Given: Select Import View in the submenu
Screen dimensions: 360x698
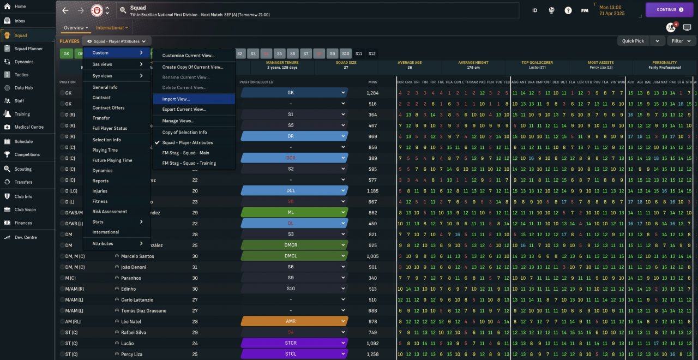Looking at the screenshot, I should pyautogui.click(x=176, y=99).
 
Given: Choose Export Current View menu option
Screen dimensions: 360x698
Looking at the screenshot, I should pyautogui.click(x=184, y=110).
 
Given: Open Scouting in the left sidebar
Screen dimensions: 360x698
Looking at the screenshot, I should pyautogui.click(x=23, y=169).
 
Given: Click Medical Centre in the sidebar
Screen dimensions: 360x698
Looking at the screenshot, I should pyautogui.click(x=29, y=127).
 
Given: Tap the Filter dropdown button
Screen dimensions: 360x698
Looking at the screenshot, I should pyautogui.click(x=681, y=41).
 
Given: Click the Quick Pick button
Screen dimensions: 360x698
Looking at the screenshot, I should pyautogui.click(x=633, y=41).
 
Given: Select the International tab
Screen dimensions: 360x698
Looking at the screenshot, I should pyautogui.click(x=112, y=28).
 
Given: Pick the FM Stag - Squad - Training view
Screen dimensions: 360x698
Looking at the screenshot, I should pyautogui.click(x=189, y=163).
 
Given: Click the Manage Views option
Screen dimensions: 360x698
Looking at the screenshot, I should pyautogui.click(x=178, y=121).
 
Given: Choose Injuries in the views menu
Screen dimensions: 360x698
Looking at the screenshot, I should pyautogui.click(x=100, y=191).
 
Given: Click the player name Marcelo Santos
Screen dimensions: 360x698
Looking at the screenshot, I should pyautogui.click(x=137, y=256).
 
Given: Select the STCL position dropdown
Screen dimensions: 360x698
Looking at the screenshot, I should pyautogui.click(x=294, y=355).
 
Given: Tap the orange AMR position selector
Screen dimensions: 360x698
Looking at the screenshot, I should pyautogui.click(x=294, y=322).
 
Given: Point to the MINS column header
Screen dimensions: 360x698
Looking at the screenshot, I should pyautogui.click(x=372, y=82).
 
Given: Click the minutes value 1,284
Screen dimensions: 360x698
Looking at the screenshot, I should pyautogui.click(x=372, y=93).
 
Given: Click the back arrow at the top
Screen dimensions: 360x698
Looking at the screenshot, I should pyautogui.click(x=65, y=10).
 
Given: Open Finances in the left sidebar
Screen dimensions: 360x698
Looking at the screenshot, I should pyautogui.click(x=23, y=223).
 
